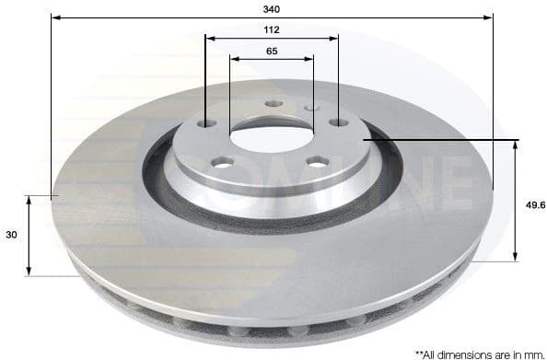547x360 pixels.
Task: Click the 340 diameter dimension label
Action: (x=271, y=8)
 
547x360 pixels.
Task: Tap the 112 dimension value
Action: (x=271, y=29)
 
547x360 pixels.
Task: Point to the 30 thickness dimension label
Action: (x=11, y=236)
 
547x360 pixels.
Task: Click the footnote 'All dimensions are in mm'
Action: (x=478, y=352)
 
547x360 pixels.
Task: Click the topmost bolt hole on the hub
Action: (x=271, y=104)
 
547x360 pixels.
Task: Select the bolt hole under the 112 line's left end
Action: (x=206, y=123)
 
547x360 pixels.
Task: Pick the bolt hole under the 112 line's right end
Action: (x=338, y=122)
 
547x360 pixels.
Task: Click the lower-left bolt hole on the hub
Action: (x=221, y=163)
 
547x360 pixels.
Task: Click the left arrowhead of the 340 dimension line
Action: (x=54, y=17)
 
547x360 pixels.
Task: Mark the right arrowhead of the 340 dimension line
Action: (x=489, y=17)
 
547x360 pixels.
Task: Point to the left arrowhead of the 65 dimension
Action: (x=233, y=59)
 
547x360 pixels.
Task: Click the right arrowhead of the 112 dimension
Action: (x=334, y=39)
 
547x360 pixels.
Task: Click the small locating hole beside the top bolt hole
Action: (x=310, y=109)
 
